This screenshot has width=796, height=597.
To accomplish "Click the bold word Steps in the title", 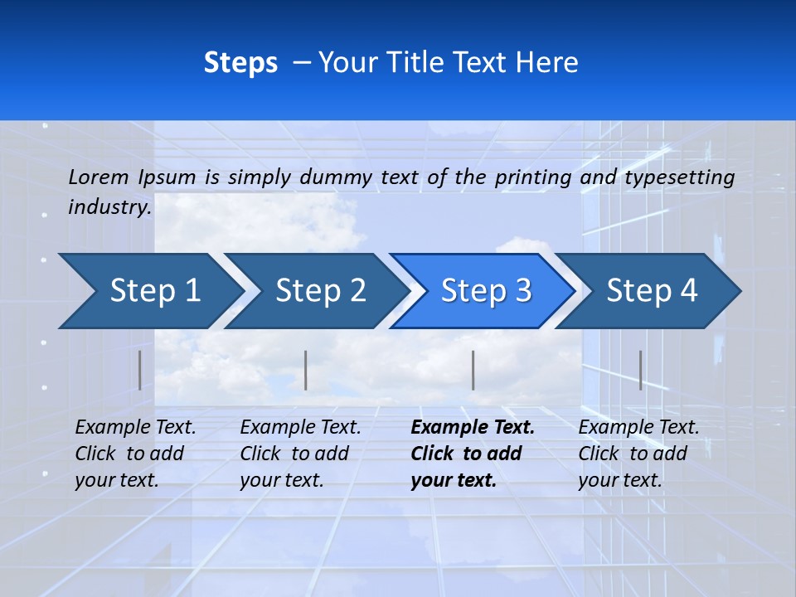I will click(x=240, y=63).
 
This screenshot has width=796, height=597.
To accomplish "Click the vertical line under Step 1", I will click(x=140, y=370).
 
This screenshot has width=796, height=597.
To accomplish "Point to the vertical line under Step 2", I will click(x=306, y=370).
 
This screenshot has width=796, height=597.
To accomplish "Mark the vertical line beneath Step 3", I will click(x=473, y=370).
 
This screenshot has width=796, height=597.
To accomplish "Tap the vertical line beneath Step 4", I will click(x=640, y=370).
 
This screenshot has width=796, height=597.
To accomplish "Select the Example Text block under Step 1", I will click(x=135, y=454).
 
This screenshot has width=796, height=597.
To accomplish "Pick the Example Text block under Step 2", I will click(x=300, y=454).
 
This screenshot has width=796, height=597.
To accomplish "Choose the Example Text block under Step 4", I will click(x=638, y=454).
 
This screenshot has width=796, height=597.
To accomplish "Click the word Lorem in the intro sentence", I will click(x=99, y=177).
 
